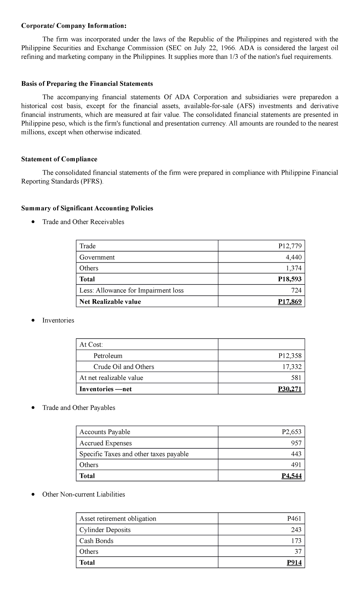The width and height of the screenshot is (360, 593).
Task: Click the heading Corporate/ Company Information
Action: (x=74, y=26)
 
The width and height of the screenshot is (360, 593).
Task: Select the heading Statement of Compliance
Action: (x=59, y=159)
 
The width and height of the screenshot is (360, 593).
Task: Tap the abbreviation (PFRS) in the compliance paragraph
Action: (x=91, y=182)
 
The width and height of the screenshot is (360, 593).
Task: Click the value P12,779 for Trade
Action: (x=290, y=246)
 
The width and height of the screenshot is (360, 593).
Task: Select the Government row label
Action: (x=97, y=257)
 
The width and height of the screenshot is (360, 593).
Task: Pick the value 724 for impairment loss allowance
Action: (x=296, y=290)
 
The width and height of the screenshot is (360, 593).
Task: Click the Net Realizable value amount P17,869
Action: (x=290, y=301)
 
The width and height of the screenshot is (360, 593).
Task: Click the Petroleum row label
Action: (x=108, y=356)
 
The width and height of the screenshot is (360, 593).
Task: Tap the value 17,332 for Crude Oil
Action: (x=292, y=366)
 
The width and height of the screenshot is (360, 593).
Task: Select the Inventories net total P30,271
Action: (x=290, y=389)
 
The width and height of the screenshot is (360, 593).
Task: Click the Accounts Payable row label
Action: (x=105, y=432)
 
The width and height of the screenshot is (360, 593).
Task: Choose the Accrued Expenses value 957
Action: (x=296, y=443)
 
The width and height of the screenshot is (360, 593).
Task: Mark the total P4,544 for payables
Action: (x=292, y=476)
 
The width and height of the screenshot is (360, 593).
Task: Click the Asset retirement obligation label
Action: (x=118, y=519)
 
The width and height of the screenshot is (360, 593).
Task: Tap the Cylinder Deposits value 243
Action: (x=296, y=530)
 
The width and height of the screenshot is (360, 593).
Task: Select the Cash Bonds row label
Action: (x=96, y=541)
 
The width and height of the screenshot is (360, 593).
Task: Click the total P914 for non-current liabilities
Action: (x=294, y=562)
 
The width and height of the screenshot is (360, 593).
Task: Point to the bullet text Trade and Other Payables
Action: (x=79, y=407)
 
